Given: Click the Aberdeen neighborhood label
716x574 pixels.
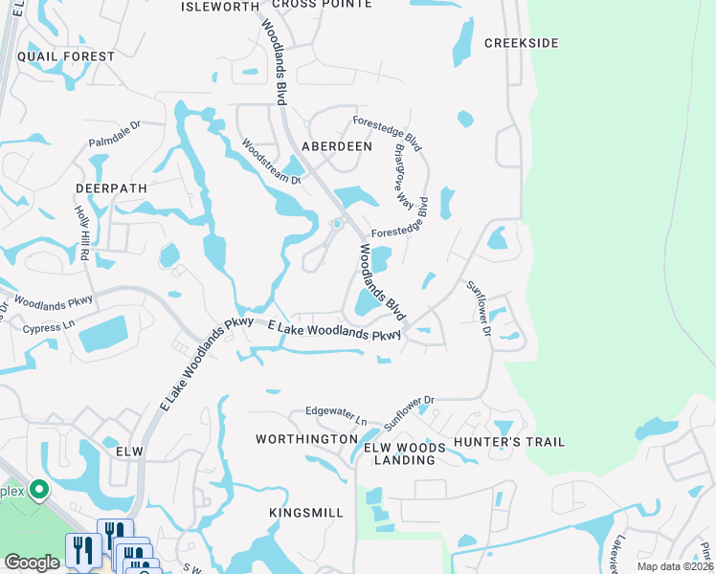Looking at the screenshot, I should tap(336, 146).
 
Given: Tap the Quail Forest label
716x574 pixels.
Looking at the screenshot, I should tap(72, 56).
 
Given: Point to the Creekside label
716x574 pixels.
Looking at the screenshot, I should tap(521, 43).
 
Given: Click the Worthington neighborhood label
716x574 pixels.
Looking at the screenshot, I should tap(306, 439).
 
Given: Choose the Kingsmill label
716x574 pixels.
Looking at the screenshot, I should tap(305, 513).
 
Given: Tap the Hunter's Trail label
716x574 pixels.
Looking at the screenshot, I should tap(509, 442).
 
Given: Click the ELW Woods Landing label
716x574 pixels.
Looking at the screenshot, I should tap(404, 453).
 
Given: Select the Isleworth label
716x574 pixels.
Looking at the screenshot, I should tap(220, 6).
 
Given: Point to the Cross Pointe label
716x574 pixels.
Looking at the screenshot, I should tap(322, 4).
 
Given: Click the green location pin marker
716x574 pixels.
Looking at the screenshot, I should tap(39, 491).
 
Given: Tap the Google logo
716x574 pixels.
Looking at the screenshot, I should tap(32, 563).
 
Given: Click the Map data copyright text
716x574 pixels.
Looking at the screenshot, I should tap(676, 566).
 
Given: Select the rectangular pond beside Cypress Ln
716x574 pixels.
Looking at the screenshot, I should tap(108, 333).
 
